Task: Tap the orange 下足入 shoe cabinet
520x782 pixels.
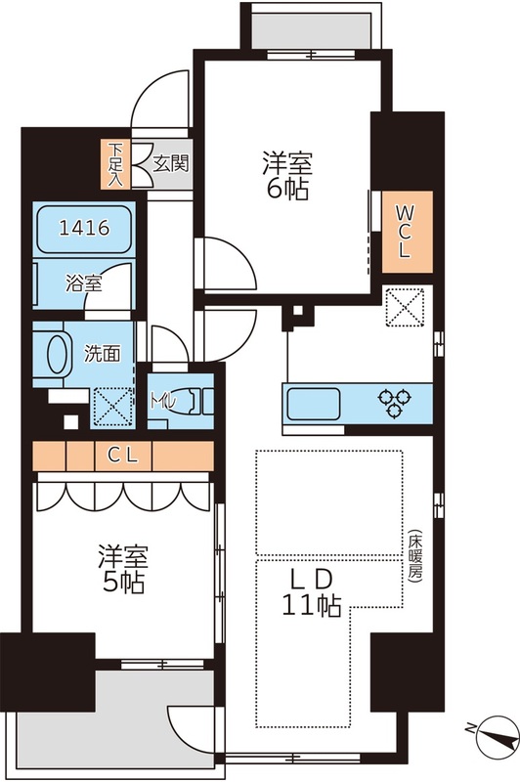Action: tap(116, 164)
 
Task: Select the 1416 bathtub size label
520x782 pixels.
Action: tap(84, 229)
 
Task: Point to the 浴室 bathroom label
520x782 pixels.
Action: tap(84, 284)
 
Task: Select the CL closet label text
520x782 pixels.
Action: tap(122, 455)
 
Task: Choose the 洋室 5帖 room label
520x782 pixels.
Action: tap(122, 570)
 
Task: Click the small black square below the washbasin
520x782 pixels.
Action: tap(67, 421)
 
